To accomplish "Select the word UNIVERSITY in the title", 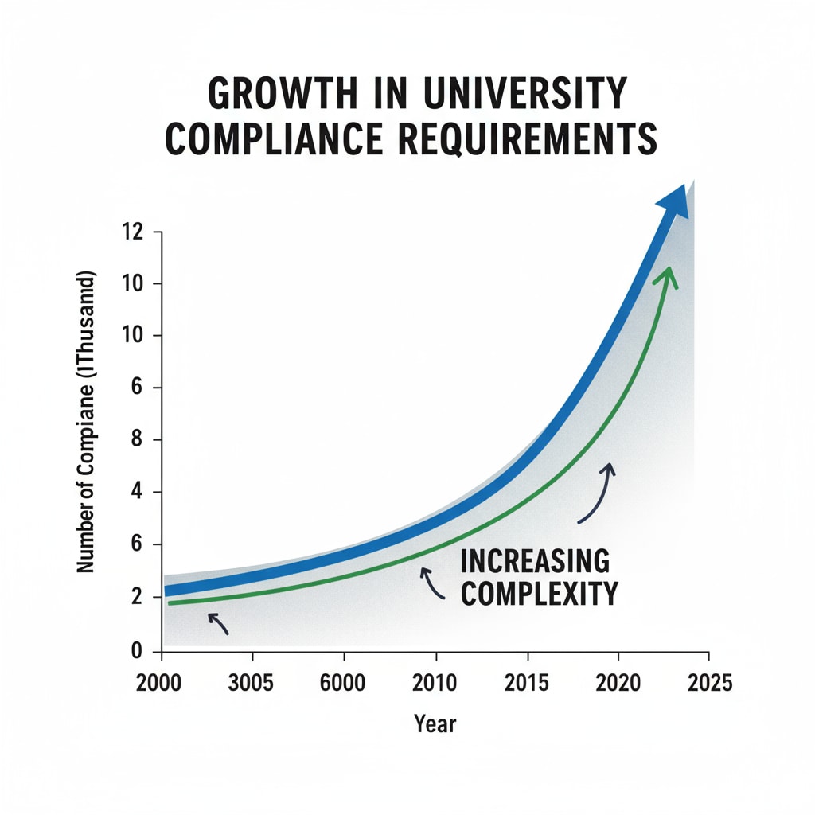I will (530, 95).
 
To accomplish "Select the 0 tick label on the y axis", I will (135, 650).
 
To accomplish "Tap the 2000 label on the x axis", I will (162, 684).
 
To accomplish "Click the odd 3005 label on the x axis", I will (252, 684).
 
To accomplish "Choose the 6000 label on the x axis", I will (344, 684).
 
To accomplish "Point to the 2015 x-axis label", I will (526, 684).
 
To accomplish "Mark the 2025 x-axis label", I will (708, 684).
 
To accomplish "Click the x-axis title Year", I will (435, 723).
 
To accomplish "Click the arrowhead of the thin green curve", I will (667, 276).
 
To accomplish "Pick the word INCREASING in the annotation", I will (535, 561).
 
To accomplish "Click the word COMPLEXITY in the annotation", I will (540, 594).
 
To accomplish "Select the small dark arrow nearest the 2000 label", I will (217, 623).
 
